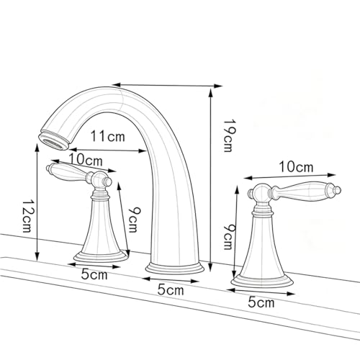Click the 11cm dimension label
click(108, 136)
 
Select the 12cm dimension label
click(27, 216)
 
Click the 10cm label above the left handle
click(86, 159)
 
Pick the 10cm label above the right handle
click(296, 166)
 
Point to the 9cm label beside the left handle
click(133, 220)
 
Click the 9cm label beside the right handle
click(228, 237)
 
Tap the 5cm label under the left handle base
click(94, 274)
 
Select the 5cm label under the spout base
click(171, 289)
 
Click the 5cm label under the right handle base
click(261, 302)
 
